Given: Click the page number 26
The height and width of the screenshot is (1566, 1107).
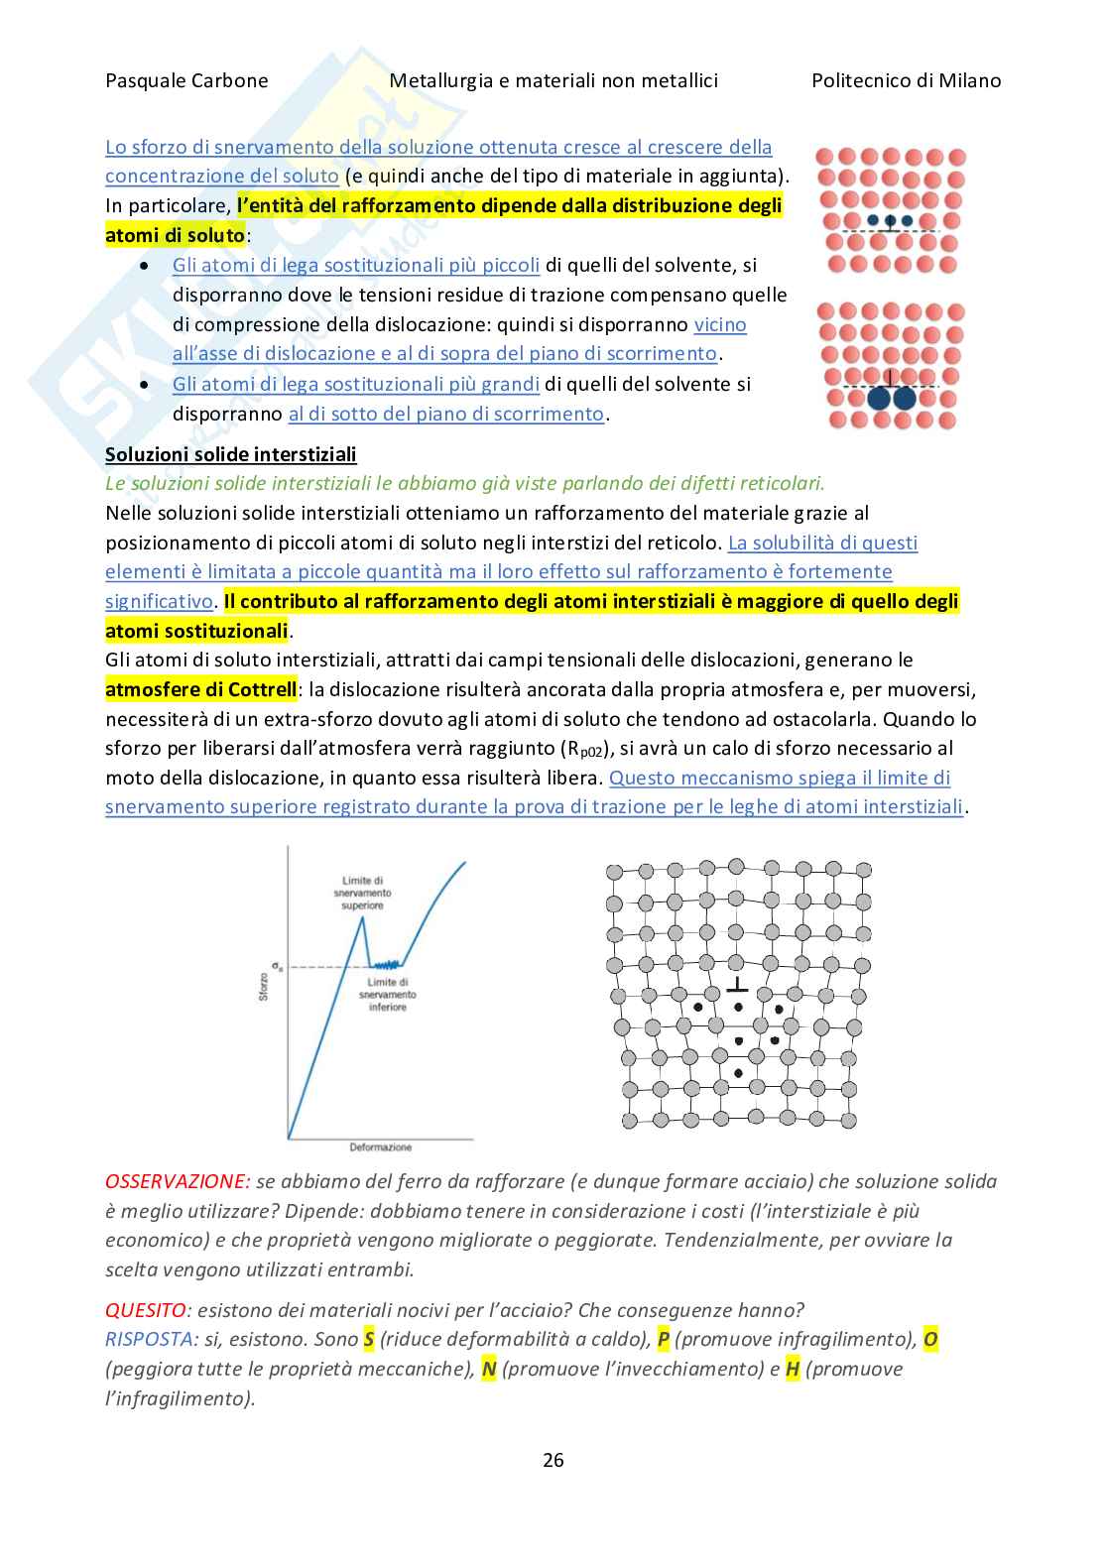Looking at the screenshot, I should point(553,1460).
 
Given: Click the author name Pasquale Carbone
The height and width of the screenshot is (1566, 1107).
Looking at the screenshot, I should point(186,81).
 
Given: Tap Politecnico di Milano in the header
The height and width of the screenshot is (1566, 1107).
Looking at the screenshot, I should point(906,81).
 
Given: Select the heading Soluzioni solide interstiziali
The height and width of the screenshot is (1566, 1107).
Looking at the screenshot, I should point(230,454).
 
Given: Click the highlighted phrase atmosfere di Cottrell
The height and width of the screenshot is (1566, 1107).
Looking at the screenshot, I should point(201,689).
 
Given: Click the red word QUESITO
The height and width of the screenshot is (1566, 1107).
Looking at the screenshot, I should point(145,1310).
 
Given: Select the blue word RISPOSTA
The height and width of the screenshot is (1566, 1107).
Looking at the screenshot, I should point(151,1340).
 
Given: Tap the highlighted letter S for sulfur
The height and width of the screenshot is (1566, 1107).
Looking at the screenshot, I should point(369,1340).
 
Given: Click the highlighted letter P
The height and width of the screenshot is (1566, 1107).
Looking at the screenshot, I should point(664,1340).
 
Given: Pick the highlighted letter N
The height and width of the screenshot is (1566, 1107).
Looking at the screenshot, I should point(488,1370).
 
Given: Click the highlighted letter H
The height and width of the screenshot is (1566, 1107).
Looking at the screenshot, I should point(792,1370).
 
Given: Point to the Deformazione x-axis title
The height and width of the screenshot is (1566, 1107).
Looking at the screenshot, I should point(380,1147).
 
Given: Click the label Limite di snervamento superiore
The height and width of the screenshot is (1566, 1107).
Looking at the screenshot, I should point(362,893).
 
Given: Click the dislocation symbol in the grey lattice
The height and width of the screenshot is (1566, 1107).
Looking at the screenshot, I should point(737,985).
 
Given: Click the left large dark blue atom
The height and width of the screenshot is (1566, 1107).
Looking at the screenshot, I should point(880,399).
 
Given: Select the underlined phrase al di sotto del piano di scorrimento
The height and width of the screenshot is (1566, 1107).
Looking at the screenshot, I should point(445,414).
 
